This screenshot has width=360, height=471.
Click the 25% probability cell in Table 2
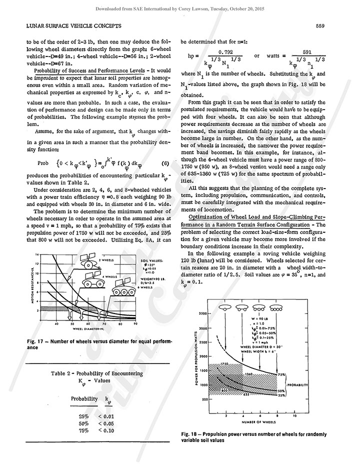pyautogui.click(x=83, y=415)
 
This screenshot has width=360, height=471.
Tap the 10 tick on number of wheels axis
pyautogui.click(x=295, y=415)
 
